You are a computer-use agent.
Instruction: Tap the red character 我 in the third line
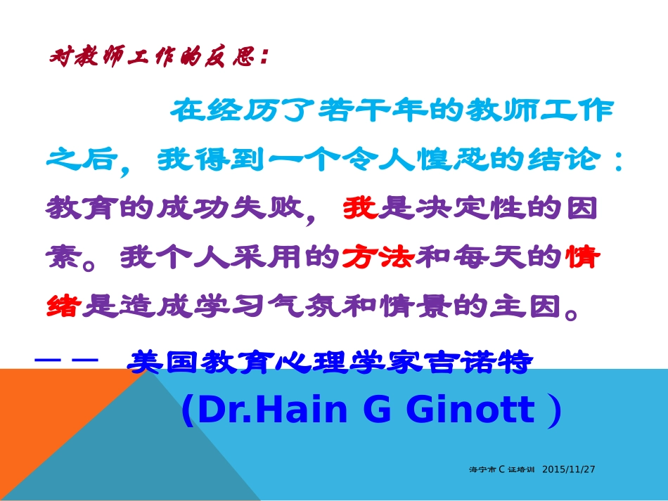pos(360,209)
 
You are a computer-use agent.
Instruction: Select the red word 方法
pos(378,258)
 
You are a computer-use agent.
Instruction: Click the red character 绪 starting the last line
pos(64,306)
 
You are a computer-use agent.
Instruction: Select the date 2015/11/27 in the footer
pos(569,469)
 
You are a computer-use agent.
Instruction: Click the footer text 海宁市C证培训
pos(502,469)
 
